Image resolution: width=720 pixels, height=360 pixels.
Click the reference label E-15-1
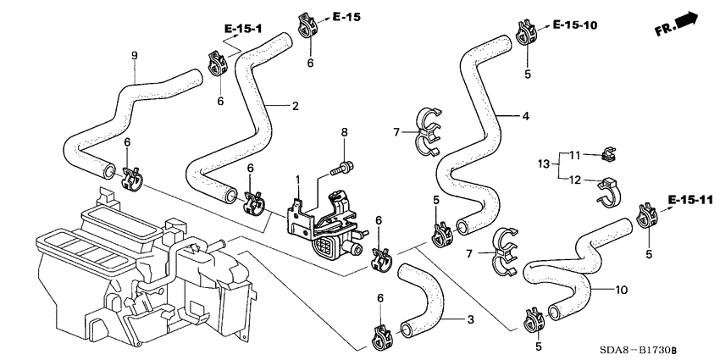point(243,30)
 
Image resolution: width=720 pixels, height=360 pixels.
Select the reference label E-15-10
point(575,25)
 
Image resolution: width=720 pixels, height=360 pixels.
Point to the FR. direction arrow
point(677,24)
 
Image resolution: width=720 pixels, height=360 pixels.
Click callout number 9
point(134,56)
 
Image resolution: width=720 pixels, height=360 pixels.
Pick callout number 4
point(525,116)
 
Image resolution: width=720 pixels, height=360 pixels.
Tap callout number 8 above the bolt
point(344,132)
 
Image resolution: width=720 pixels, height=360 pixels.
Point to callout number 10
point(621,290)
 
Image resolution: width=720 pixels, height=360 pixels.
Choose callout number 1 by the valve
point(297,180)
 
